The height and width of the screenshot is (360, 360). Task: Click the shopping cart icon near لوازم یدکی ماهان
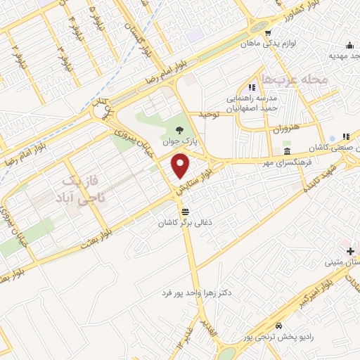(x=268, y=33)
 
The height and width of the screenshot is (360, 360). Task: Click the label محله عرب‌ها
(x=294, y=79)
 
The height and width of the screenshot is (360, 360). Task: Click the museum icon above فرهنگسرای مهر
(x=287, y=151)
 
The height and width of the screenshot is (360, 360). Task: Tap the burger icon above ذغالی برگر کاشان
(x=185, y=211)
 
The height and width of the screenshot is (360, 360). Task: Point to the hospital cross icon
(x=350, y=251)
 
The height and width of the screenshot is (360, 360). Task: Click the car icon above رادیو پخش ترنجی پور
(x=279, y=326)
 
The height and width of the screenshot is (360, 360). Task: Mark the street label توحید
(x=209, y=113)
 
